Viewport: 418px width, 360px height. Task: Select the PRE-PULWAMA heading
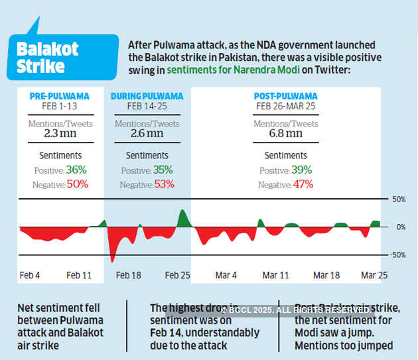pyautogui.click(x=59, y=96)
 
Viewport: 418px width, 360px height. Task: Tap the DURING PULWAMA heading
pyautogui.click(x=147, y=96)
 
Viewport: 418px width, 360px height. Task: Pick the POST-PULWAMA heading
pyautogui.click(x=285, y=96)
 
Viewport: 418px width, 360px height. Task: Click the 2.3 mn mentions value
pyautogui.click(x=60, y=133)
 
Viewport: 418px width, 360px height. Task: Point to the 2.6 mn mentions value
pyautogui.click(x=147, y=133)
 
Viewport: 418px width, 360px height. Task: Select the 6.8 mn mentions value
pyautogui.click(x=286, y=133)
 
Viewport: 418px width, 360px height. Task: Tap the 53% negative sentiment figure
pyautogui.click(x=163, y=184)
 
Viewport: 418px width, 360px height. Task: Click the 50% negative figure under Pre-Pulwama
pyautogui.click(x=76, y=184)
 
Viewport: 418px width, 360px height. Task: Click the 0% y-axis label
pyautogui.click(x=400, y=227)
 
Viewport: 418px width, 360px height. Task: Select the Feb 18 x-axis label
pyautogui.click(x=127, y=274)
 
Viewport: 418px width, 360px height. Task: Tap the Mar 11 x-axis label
pyautogui.click(x=276, y=274)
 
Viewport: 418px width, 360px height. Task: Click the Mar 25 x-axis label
pyautogui.click(x=374, y=274)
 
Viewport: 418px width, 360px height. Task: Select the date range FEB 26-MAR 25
pyautogui.click(x=285, y=106)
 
